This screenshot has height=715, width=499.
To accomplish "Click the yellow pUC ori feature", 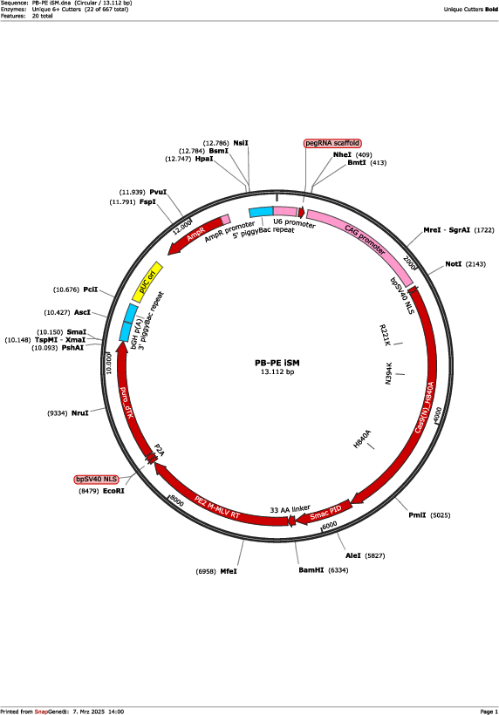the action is click(x=147, y=282).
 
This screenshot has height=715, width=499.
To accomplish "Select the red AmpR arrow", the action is click(x=195, y=235).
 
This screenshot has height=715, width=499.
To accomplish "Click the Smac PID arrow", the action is click(x=325, y=514).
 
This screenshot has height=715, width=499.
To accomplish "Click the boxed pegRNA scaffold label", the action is click(x=332, y=143).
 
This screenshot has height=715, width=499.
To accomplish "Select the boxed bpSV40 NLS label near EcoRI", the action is click(x=96, y=480).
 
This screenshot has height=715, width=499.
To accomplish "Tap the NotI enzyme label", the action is click(x=454, y=264).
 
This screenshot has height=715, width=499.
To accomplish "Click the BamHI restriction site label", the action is click(x=311, y=570).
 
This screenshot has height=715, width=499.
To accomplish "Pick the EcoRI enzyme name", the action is click(x=113, y=491).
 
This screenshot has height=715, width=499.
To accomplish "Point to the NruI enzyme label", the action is click(x=79, y=413).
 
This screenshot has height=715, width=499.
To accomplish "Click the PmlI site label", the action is click(x=417, y=515).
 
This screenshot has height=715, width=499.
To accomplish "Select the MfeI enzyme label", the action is click(x=229, y=571).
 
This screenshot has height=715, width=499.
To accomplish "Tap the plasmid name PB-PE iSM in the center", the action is click(x=277, y=363).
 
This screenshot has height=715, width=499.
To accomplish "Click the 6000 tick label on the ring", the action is click(x=330, y=525).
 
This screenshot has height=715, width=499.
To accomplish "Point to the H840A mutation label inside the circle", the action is click(x=362, y=439).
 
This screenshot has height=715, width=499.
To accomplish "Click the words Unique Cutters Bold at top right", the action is click(x=471, y=9).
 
